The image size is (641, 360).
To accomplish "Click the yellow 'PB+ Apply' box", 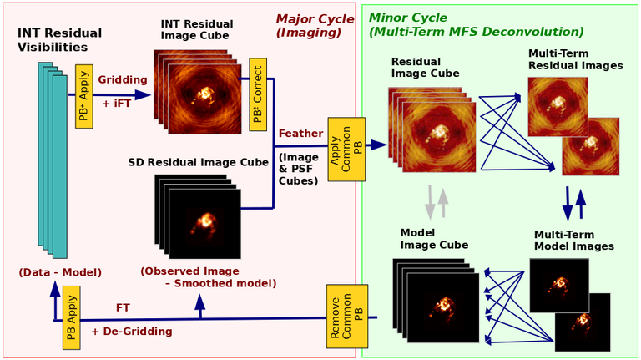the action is tap(83, 96).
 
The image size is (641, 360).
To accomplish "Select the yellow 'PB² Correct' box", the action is tap(258, 94).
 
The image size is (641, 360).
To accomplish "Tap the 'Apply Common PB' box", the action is tap(346, 150).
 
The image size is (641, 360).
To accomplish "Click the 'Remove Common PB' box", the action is tap(346, 317).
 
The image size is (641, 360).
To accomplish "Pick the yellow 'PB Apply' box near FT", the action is tap(71, 318).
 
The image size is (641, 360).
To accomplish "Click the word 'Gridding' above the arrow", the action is tap(122, 79).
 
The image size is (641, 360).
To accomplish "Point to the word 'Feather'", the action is tap(300, 134).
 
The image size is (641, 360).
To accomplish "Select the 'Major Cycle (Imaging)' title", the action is tap(315, 25).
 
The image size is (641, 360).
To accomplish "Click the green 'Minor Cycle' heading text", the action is tap(408, 18).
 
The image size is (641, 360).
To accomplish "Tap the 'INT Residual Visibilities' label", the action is tap(60, 40).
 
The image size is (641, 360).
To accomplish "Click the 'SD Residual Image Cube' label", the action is tap(199, 162).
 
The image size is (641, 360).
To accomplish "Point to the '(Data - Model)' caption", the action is tap(60, 272).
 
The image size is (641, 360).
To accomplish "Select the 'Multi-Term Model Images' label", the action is tap(574, 240).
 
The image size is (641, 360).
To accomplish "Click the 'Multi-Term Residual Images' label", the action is tap(576, 59).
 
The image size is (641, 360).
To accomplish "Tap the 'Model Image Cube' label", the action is tap(434, 239).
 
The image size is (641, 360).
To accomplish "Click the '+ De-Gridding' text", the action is tap(132, 332).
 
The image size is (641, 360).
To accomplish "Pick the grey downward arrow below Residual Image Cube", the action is tap(430, 202).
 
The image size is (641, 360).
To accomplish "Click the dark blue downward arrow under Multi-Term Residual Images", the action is tap(568, 204).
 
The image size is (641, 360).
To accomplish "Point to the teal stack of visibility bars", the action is tap(53, 160).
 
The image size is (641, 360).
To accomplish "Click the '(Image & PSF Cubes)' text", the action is tap(299, 169).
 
